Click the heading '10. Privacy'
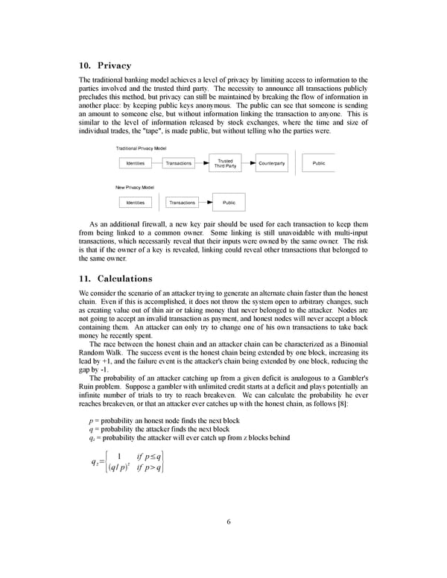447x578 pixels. coord(104,66)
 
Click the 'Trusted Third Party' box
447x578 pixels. coord(225,163)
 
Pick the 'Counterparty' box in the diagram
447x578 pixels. coord(271,163)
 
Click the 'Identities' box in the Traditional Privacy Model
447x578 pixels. coord(135,163)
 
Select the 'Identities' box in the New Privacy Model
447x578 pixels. coord(135,202)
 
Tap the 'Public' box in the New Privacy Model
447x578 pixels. coord(229,202)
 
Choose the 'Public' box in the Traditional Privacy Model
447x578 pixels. coord(318,163)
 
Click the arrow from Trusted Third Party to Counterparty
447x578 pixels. coord(247,163)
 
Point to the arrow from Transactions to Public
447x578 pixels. coord(205,202)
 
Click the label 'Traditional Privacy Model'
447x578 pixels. coord(141,148)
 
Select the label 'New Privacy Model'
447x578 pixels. coord(134,187)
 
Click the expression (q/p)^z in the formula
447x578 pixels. coord(118,468)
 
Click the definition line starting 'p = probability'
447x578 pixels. coord(164,421)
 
